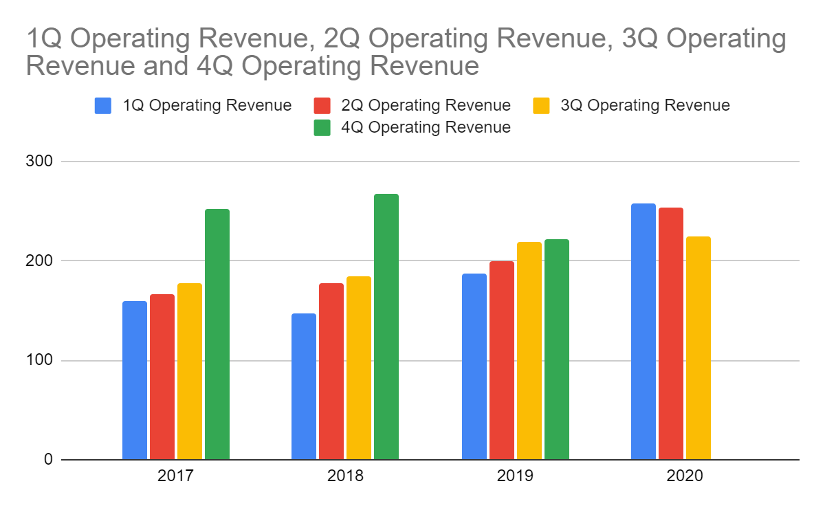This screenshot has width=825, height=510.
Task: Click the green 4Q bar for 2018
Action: (x=386, y=326)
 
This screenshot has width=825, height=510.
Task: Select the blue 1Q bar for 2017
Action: (x=135, y=380)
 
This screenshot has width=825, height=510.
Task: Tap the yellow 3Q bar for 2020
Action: (x=698, y=348)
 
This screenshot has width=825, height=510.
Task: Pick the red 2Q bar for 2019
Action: (x=501, y=360)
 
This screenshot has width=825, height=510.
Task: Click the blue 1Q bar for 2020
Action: (x=643, y=331)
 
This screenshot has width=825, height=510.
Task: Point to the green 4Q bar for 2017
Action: (x=217, y=334)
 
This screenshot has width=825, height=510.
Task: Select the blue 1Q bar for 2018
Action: (x=304, y=386)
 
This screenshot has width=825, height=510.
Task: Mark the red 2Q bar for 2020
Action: (x=670, y=333)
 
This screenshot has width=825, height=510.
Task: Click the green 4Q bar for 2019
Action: (x=556, y=349)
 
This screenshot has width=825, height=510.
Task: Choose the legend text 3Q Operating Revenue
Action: (x=645, y=106)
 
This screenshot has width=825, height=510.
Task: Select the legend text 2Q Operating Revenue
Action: (x=426, y=106)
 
